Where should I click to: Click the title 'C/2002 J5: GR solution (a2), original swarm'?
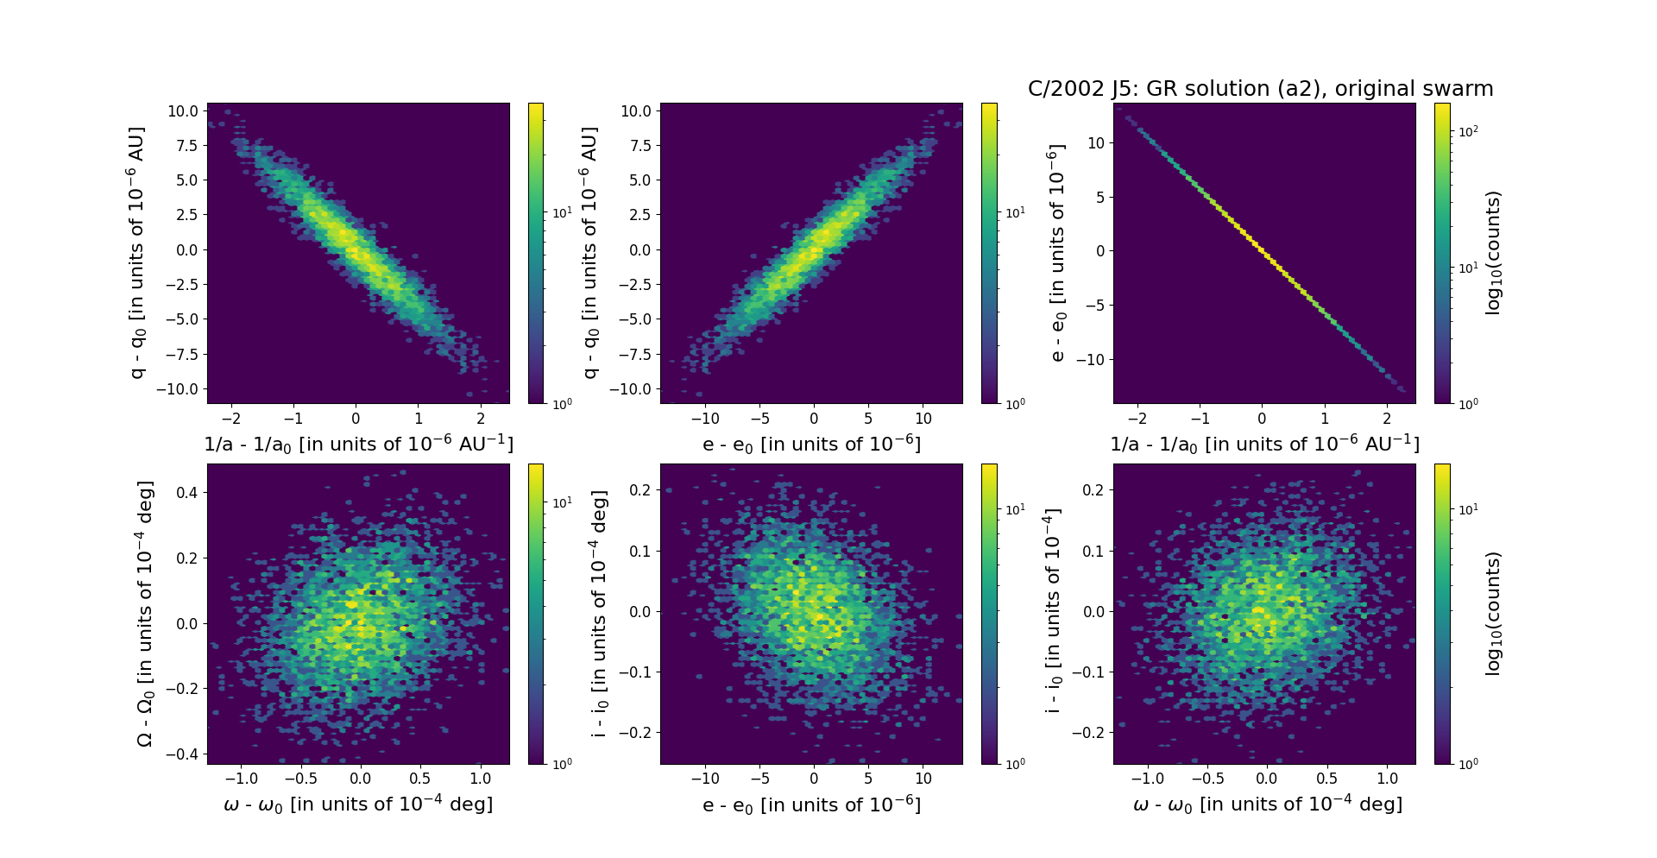(x=1260, y=89)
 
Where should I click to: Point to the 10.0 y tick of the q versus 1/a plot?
(x=183, y=111)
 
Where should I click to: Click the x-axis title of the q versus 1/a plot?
(x=358, y=444)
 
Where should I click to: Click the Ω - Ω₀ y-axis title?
(x=146, y=614)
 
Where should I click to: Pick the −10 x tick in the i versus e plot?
(x=705, y=779)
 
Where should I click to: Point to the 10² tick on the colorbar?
(x=1468, y=132)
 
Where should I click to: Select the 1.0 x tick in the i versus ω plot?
(x=1387, y=779)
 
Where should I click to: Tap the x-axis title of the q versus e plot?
(x=811, y=444)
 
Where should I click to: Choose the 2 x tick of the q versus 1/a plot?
(x=481, y=419)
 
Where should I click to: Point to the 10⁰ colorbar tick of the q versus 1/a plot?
(x=562, y=403)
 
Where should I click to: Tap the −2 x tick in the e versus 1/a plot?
(x=1137, y=419)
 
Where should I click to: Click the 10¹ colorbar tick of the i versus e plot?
(x=1015, y=509)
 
